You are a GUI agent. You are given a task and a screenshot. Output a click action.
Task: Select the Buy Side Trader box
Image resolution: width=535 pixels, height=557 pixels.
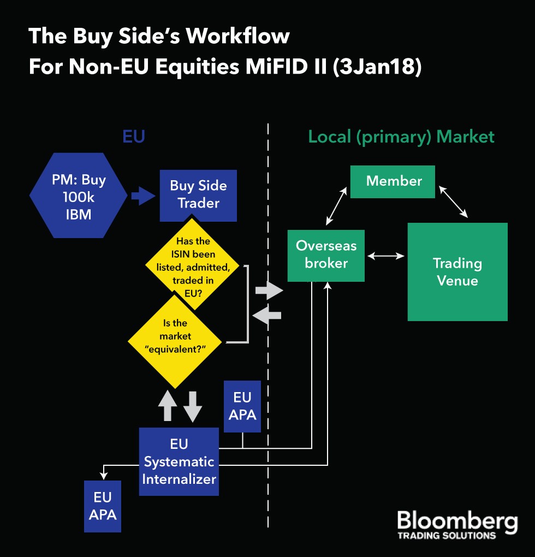point(198,194)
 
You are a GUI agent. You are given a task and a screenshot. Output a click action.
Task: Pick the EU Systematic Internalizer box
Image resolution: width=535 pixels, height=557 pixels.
point(179,461)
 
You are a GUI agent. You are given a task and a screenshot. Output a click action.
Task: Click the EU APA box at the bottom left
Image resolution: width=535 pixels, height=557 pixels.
point(103,506)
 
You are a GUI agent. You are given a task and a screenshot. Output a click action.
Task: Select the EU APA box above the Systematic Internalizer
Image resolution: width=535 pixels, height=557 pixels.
point(242,406)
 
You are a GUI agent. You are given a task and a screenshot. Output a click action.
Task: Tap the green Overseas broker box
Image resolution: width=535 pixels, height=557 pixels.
point(326,254)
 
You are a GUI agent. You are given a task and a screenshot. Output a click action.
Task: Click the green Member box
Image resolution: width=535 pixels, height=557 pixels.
point(393,181)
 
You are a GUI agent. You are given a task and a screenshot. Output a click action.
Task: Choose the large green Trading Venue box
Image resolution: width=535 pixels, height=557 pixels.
point(457,271)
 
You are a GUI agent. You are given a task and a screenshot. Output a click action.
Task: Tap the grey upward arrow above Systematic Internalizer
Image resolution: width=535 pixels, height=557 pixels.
point(168,406)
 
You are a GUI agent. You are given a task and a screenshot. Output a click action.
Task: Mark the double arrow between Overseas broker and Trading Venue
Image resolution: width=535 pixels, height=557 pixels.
point(386,256)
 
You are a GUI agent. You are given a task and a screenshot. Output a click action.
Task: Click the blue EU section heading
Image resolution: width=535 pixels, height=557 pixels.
point(134,136)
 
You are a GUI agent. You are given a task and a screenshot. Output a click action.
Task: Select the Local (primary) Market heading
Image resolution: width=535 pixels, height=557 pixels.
point(401,136)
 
